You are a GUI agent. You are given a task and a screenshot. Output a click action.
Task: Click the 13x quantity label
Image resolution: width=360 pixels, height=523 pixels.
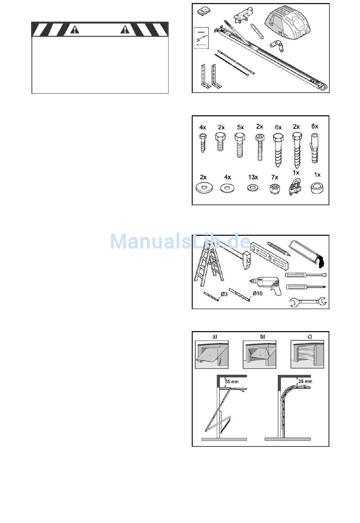(x=253, y=177)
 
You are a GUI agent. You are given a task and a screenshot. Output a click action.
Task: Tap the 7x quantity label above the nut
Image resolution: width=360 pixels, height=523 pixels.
(x=275, y=177)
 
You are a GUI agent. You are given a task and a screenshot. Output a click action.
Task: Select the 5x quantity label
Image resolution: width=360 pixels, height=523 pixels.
(x=240, y=127)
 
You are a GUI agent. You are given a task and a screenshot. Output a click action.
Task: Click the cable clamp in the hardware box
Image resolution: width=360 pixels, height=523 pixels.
(x=294, y=186)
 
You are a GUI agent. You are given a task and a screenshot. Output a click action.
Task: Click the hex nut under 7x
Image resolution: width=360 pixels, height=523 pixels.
(x=275, y=188)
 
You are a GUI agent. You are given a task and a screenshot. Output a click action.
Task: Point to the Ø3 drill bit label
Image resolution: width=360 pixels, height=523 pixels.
(x=224, y=294)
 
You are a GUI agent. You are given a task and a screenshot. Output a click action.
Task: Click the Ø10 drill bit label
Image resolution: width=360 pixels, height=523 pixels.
(x=257, y=293)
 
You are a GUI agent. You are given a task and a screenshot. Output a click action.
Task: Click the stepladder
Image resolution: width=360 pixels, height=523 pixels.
(x=208, y=264)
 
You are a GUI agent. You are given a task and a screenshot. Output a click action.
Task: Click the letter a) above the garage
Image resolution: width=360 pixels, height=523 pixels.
(x=214, y=336)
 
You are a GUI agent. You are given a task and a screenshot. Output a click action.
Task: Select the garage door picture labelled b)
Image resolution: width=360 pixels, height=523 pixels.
(x=260, y=355)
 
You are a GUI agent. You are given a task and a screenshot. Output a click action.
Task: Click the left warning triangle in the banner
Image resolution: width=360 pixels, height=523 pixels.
(x=75, y=30)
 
